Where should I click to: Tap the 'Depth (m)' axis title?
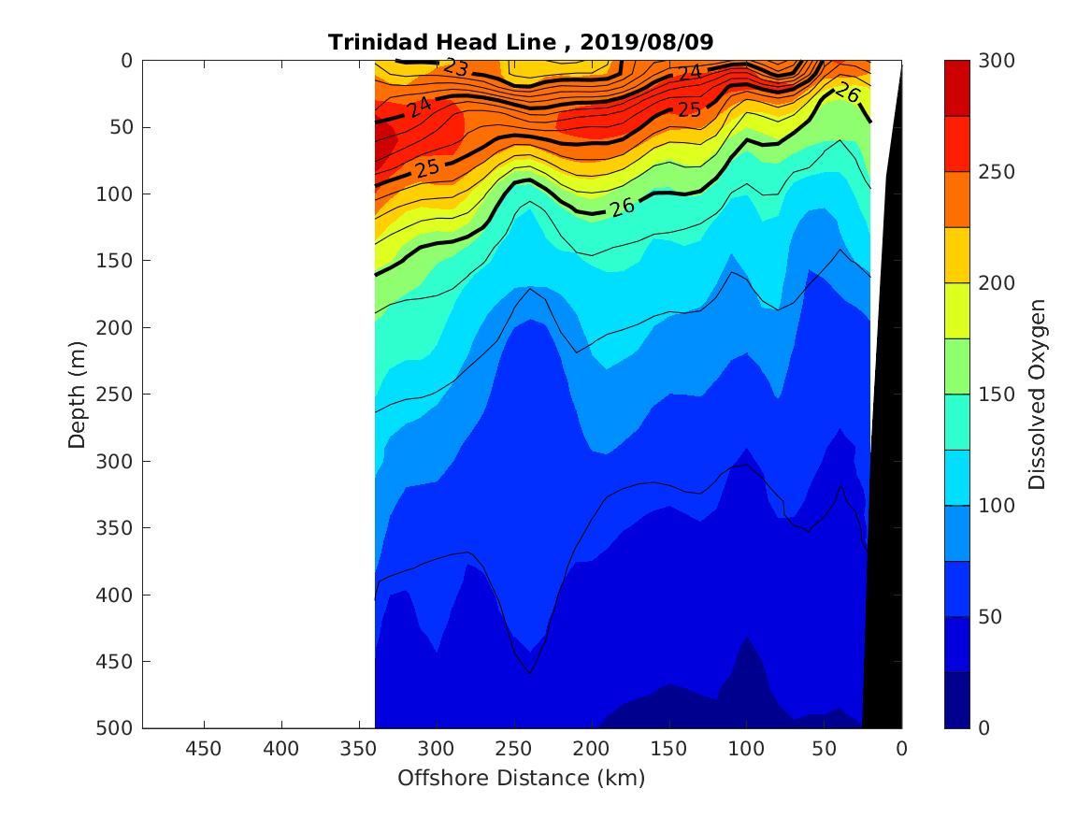click(78, 394)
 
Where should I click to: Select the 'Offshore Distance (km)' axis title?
click(521, 778)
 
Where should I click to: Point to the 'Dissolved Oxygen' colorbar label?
click(1036, 394)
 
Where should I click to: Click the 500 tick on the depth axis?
click(118, 728)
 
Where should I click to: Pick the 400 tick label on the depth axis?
click(118, 595)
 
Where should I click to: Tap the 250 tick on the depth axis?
click(118, 395)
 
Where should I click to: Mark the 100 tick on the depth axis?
click(118, 194)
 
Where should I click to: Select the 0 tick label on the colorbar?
click(983, 728)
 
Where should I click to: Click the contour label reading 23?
click(456, 68)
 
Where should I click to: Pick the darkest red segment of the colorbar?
click(956, 88)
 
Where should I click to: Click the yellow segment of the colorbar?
click(956, 255)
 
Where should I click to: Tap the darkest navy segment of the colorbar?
click(956, 700)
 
